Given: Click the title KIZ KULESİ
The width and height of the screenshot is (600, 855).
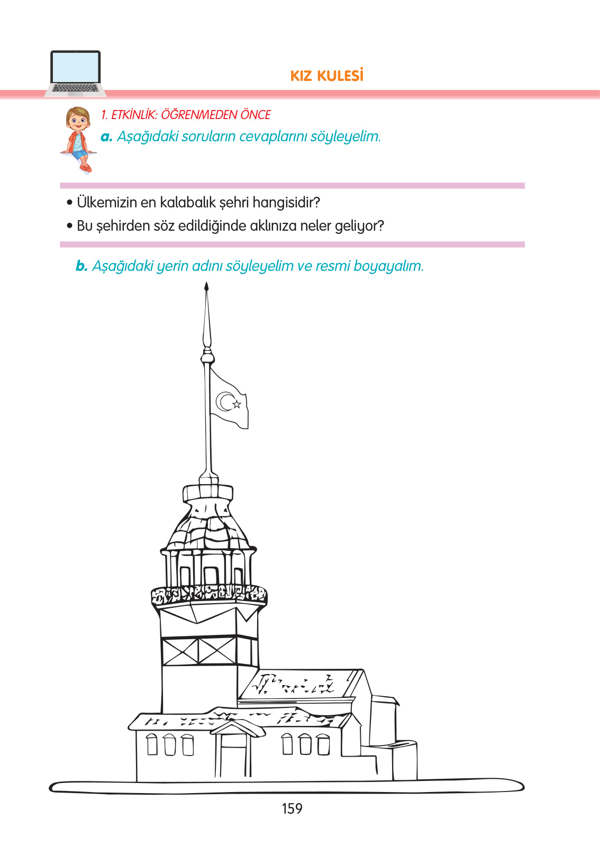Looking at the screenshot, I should pos(327,76).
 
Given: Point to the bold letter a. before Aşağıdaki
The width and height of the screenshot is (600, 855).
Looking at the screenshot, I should pos(106,137).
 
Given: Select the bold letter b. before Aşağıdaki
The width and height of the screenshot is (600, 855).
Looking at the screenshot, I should pos(81,266).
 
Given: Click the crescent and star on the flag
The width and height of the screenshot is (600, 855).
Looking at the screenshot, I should pos(229,402).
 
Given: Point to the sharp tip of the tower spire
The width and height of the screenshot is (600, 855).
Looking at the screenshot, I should pos(206,286).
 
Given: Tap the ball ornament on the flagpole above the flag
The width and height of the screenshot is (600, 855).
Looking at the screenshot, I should pos(207,358).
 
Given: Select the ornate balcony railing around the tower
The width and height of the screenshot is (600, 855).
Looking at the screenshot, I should pos(208,595).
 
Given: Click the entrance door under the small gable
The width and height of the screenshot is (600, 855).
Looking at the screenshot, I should pos(233,754).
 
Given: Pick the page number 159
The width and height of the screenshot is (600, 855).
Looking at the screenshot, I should pos(292,808).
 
